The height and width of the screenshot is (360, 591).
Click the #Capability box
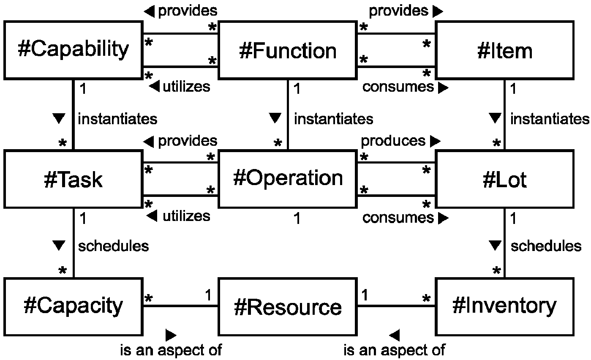(x=74, y=50)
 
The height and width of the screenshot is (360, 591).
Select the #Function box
(x=288, y=50)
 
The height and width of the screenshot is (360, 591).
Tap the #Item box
(x=505, y=50)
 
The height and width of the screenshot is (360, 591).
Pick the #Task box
(x=74, y=179)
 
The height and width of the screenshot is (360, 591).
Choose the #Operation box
(x=288, y=179)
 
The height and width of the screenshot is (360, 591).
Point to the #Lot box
(x=505, y=179)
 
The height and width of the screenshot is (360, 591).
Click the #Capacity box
(x=74, y=307)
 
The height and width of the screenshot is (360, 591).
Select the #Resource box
(x=288, y=307)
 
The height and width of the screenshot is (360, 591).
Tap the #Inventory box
(x=505, y=307)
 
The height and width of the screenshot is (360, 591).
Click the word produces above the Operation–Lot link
(x=393, y=141)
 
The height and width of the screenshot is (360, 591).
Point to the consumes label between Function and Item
(x=398, y=87)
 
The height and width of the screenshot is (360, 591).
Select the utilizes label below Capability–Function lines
(x=187, y=87)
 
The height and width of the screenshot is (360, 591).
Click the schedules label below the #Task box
(x=114, y=246)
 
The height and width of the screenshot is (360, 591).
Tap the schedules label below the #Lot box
(x=546, y=246)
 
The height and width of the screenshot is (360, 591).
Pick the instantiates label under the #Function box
(x=334, y=119)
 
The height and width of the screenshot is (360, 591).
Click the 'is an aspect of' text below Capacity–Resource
(x=171, y=350)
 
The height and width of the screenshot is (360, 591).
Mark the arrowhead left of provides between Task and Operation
(x=149, y=142)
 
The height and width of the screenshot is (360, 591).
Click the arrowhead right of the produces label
(x=436, y=141)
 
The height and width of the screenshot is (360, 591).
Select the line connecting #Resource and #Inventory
(x=396, y=306)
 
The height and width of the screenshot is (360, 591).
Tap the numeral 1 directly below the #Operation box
(x=297, y=218)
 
